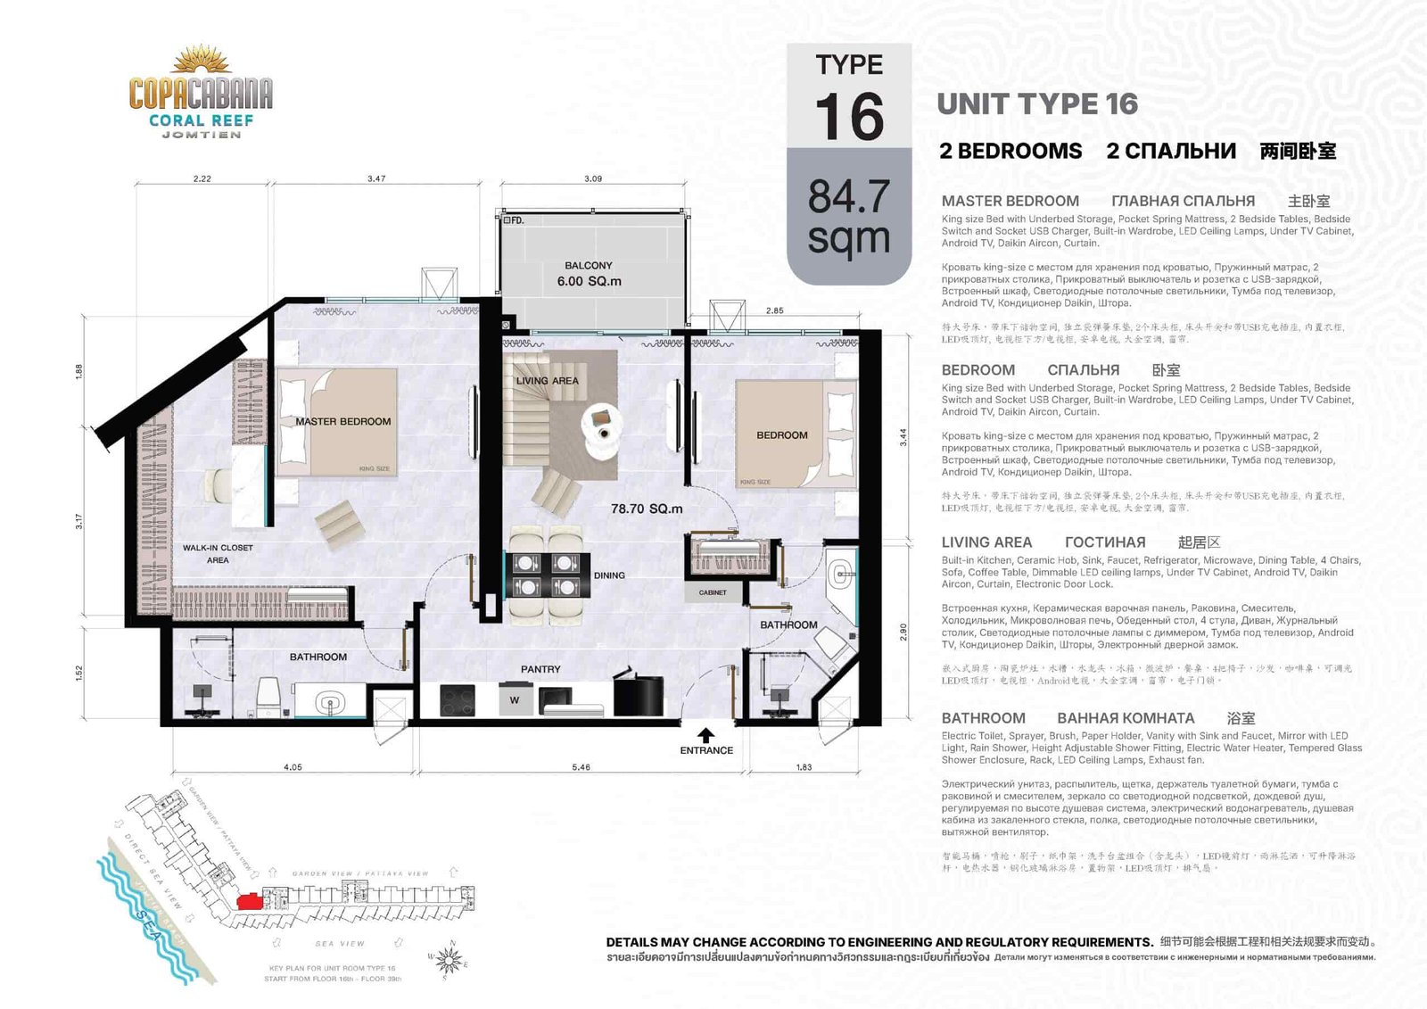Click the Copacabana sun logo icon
tap(201, 61)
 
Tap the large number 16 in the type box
tap(849, 117)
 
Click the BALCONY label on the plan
tap(589, 265)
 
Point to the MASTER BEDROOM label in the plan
tap(343, 421)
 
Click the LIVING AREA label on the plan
tap(547, 381)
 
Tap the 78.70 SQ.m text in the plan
tap(647, 509)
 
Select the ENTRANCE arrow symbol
tap(705, 735)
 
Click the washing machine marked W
tap(515, 699)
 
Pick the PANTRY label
tap(540, 669)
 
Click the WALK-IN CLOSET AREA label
tap(218, 554)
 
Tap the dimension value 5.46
tap(581, 767)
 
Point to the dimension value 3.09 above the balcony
tap(593, 178)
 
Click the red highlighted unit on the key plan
tap(251, 901)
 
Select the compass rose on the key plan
tap(450, 960)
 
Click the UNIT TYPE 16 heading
tap(1037, 104)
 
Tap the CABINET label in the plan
tap(713, 592)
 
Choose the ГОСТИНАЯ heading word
tap(1105, 542)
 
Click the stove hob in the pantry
tap(458, 699)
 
